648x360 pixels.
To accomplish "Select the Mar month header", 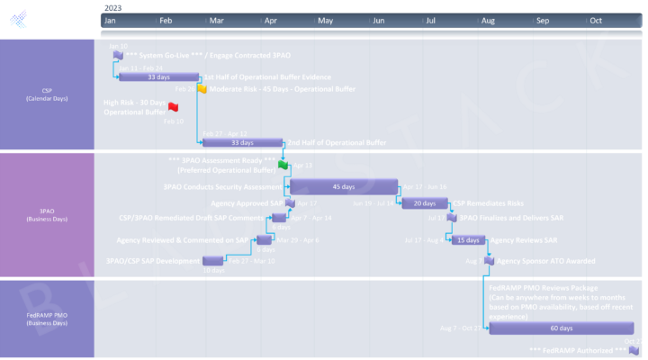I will [217, 19].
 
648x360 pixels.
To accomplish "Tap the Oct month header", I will [596, 19].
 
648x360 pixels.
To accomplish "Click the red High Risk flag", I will [174, 107].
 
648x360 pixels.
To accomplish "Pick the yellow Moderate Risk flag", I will [202, 89].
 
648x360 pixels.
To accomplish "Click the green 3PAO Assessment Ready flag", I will [283, 165].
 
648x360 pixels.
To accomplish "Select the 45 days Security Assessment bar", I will [343, 187].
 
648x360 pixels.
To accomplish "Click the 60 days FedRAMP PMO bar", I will [561, 328].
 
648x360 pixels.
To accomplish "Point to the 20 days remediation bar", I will [425, 203].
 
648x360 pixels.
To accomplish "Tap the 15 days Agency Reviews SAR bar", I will [468, 240].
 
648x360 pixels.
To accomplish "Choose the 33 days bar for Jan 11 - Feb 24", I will [158, 77].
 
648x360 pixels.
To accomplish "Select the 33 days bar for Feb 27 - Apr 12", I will [242, 142].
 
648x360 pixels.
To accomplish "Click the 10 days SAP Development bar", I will [213, 261].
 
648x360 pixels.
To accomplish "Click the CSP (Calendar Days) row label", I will [47, 94].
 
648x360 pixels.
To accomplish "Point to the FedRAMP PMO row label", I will [47, 319].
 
